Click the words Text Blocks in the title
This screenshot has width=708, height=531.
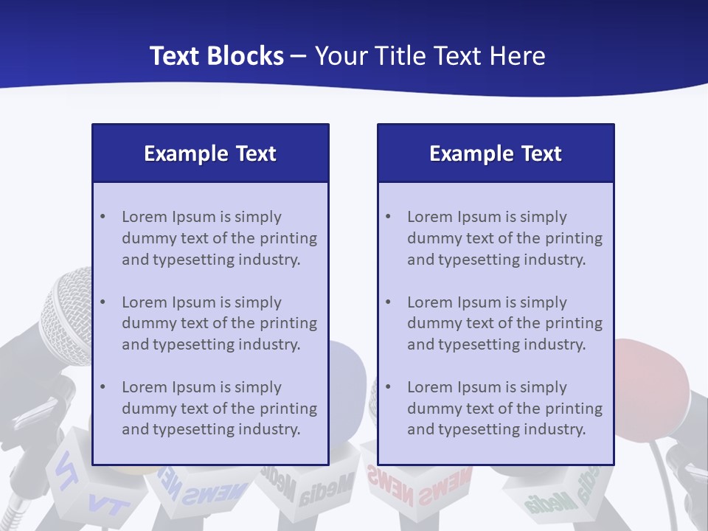pos(217,56)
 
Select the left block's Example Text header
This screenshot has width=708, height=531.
pos(210,153)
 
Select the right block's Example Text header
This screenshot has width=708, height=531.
pos(496,153)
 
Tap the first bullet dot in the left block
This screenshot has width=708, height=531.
pos(103,217)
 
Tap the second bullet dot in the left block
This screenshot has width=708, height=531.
pos(103,302)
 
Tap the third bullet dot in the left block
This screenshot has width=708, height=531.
pos(103,387)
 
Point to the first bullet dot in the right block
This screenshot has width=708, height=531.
pos(389,217)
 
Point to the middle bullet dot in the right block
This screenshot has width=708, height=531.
pos(389,302)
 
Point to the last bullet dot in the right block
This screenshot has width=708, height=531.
pos(389,387)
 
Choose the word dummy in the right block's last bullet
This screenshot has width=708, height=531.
pos(431,409)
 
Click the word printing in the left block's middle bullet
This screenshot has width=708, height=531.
pos(290,323)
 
